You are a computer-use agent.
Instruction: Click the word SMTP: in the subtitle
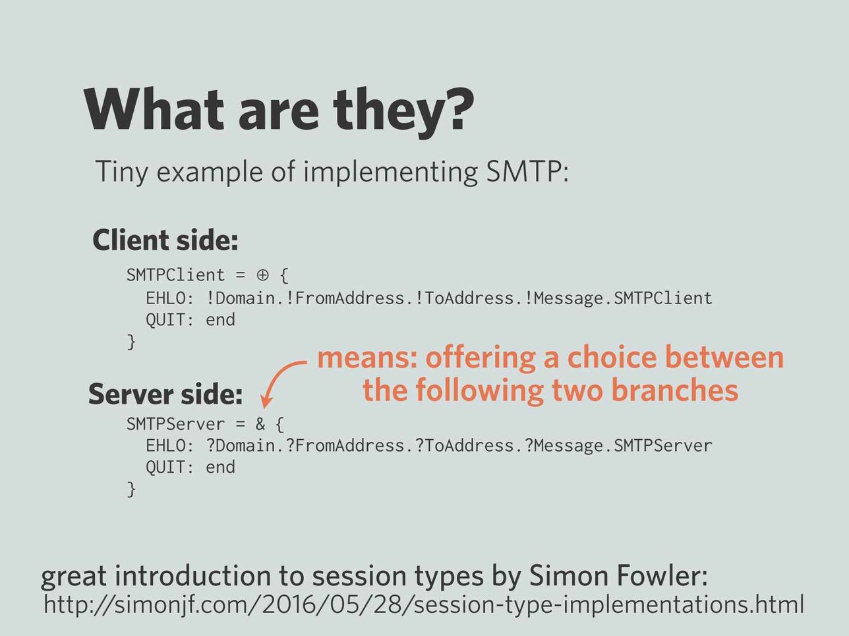(527, 171)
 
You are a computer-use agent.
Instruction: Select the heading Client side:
(165, 240)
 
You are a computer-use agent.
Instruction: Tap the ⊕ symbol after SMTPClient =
(262, 275)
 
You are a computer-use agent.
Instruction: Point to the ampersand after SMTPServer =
(260, 424)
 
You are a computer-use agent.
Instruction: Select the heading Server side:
(165, 394)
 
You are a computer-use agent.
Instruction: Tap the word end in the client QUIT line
(220, 320)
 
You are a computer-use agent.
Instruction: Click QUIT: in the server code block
(169, 467)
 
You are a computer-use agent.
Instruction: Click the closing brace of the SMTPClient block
(132, 342)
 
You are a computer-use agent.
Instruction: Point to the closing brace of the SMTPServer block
(132, 489)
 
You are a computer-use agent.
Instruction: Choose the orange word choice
(612, 358)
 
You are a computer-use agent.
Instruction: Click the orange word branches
(675, 390)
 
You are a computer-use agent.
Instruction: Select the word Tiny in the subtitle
(121, 172)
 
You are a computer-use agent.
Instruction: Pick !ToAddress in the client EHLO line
(464, 298)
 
